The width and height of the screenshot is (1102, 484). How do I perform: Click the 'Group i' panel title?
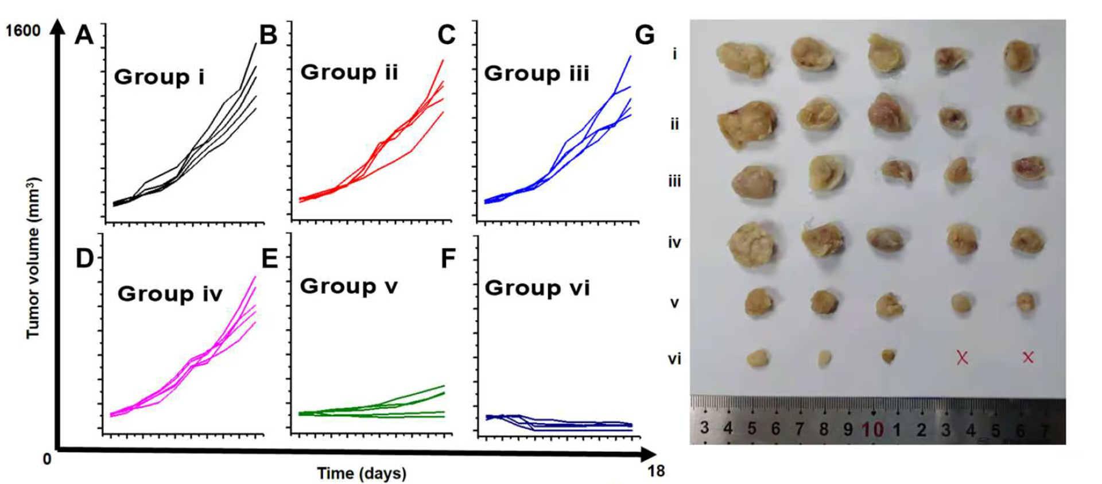pos(159,77)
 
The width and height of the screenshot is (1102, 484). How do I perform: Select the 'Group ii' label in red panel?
pos(349,72)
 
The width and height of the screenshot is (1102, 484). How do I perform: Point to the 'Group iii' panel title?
pos(537,73)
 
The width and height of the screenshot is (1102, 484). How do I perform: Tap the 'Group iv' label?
pos(170,294)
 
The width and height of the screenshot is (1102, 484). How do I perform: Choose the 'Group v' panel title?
pos(348,286)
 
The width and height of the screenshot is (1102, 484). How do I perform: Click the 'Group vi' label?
pos(537,288)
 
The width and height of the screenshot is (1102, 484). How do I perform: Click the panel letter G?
pos(645,35)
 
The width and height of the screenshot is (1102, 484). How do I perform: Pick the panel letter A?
pos(84,35)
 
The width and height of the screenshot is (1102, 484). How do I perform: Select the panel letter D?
pos(84,258)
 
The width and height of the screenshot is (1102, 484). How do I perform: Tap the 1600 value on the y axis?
pos(23,31)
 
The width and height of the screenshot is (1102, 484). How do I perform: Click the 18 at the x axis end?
pos(656,471)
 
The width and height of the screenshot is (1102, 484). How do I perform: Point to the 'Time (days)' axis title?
pos(362,474)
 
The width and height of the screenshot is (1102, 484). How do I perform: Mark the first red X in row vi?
pos(962,358)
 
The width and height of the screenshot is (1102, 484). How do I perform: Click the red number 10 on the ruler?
pos(872,429)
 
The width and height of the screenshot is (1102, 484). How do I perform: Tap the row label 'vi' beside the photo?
pos(674,359)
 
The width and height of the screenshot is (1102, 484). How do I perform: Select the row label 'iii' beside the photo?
pos(674,181)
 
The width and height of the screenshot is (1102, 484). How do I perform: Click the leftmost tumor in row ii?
pos(747,124)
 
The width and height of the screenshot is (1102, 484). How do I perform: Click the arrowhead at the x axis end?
pos(649,454)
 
